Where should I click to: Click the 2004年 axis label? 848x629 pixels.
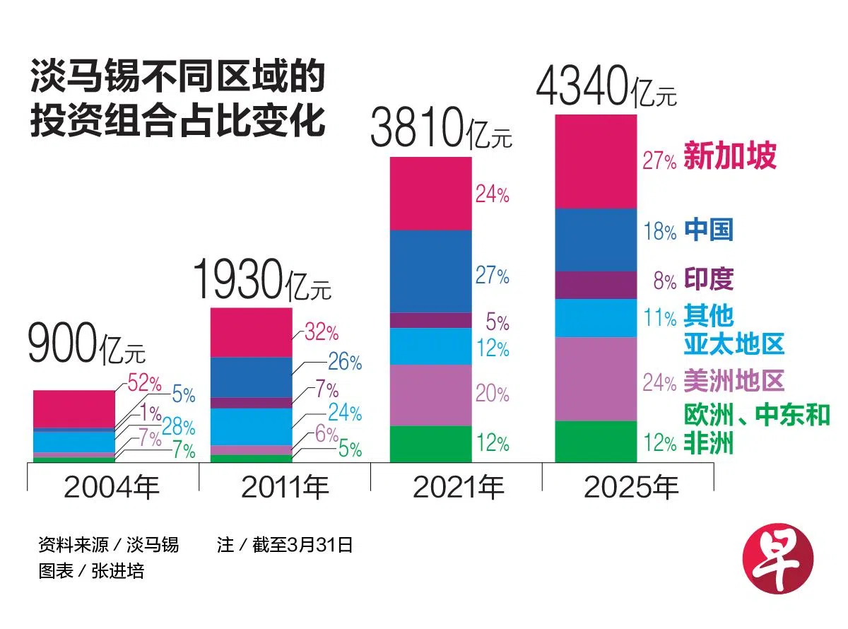[x=112, y=488]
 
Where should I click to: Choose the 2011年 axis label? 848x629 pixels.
[x=285, y=488]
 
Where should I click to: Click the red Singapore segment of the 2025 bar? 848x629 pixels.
[x=596, y=161]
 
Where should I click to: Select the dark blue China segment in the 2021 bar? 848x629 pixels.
[x=431, y=271]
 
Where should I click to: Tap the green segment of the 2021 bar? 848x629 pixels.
[x=431, y=444]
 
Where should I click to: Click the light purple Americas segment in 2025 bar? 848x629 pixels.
[x=596, y=379]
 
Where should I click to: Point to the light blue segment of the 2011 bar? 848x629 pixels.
[x=251, y=427]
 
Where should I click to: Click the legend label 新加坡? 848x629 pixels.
[x=730, y=156]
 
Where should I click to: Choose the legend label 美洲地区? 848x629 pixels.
[x=734, y=382]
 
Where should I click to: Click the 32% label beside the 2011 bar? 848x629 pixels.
[x=322, y=331]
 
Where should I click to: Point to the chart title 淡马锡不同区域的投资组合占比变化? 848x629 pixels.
[x=177, y=100]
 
